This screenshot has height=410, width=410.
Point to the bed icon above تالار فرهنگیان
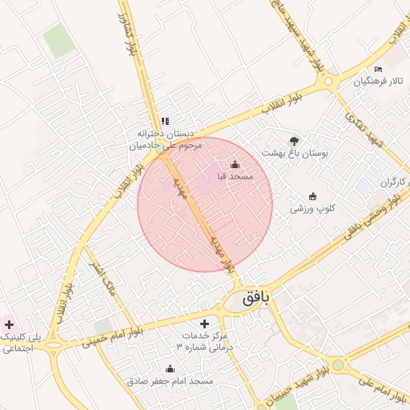[x=390, y=70]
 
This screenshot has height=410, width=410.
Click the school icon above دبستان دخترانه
[x=165, y=121]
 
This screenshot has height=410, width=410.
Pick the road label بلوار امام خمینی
[x=111, y=337]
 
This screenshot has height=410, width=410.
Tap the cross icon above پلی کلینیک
[x=9, y=324]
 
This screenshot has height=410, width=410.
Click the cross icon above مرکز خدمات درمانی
[x=204, y=324]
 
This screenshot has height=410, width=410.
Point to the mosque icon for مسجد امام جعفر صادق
[x=170, y=369]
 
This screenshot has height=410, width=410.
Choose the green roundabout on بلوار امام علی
[x=338, y=365]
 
